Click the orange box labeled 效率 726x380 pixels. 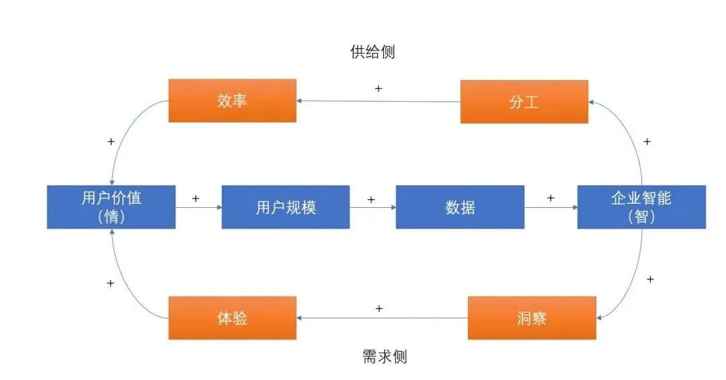[233, 101]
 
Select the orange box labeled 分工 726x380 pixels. [524, 102]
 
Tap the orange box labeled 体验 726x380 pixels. [233, 317]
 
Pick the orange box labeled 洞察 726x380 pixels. [531, 317]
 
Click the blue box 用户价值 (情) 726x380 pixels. [111, 206]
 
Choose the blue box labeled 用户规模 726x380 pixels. [286, 207]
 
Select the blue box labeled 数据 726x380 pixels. [460, 207]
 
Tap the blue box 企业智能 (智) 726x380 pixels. [641, 206]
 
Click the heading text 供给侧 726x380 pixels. [372, 52]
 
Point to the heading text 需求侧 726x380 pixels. [385, 356]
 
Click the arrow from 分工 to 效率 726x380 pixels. [378, 102]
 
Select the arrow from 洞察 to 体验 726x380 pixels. [382, 318]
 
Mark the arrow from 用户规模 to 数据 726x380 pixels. [372, 208]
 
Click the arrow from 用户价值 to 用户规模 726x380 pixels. [198, 208]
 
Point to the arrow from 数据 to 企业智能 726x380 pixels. [551, 208]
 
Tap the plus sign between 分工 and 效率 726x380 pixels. [378, 89]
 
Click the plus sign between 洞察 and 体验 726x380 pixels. [379, 309]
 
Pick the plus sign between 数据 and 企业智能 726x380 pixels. [551, 198]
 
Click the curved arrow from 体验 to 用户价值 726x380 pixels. [124, 282]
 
